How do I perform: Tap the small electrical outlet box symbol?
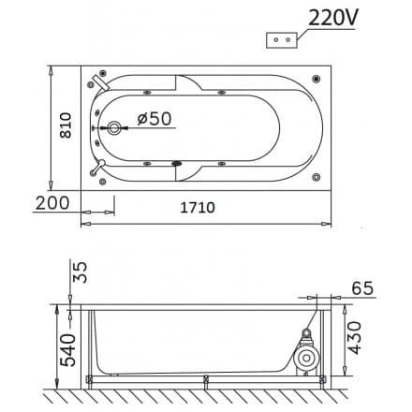(283, 39)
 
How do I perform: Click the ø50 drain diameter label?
(153, 119)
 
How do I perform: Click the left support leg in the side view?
(93, 346)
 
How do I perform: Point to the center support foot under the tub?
(206, 379)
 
